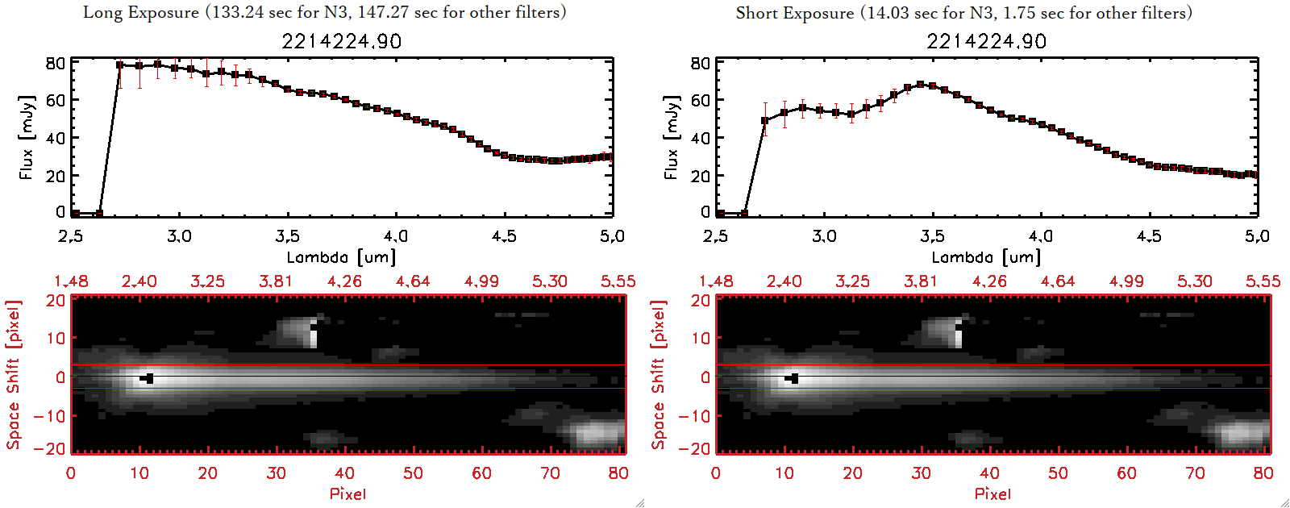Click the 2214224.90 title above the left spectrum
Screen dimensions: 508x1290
[x=341, y=41]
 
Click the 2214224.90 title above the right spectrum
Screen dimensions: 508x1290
[x=986, y=41]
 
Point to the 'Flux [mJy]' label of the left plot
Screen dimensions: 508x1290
[x=27, y=137]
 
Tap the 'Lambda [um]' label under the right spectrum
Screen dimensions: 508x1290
[x=986, y=257]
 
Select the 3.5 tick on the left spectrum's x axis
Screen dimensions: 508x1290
[x=287, y=236]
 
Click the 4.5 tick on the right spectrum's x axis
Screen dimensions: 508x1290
[x=1149, y=236]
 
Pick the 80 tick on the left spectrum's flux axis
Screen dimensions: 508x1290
[x=55, y=64]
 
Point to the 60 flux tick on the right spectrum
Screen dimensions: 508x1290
[x=700, y=101]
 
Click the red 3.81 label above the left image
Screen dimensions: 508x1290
[x=276, y=281]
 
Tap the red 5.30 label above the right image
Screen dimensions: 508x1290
[x=1194, y=281]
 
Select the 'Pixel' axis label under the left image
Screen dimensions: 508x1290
[x=347, y=493]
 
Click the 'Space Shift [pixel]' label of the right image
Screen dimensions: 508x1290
[x=659, y=375]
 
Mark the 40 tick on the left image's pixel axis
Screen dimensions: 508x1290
[x=344, y=473]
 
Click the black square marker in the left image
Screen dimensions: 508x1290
[x=148, y=378]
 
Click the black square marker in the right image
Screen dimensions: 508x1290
[x=794, y=378]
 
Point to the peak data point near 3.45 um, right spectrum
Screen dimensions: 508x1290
[x=920, y=84]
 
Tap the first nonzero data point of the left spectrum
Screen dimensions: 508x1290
[x=119, y=65]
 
